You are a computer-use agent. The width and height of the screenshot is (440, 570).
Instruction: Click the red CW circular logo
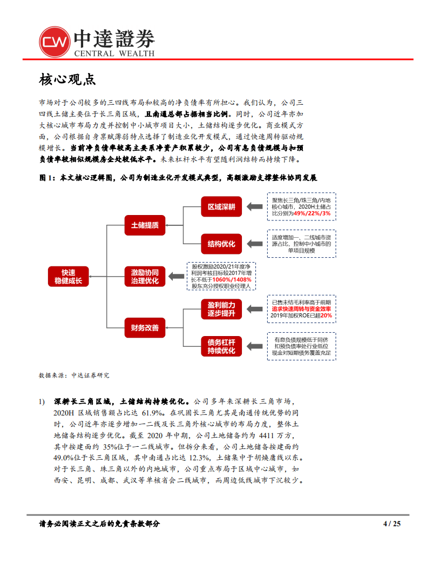pos(55,41)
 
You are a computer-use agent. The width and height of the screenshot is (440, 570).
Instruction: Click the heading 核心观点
pos(67,79)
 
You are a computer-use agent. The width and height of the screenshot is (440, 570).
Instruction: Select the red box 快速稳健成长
pos(68,276)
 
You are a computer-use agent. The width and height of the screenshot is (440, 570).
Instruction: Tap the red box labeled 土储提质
pos(145,225)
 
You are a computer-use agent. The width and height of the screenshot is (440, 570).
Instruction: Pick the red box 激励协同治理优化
pos(145,276)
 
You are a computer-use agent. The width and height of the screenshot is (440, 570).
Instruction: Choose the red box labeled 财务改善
pos(145,327)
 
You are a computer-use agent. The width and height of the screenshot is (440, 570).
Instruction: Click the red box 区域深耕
pos(221,206)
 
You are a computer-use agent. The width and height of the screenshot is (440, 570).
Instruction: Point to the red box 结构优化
pos(221,244)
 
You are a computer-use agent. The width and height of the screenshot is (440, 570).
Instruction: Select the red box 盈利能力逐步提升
pos(221,309)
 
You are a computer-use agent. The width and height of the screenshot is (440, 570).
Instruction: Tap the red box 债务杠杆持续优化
pos(221,346)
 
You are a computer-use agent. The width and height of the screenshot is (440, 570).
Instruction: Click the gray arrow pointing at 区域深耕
pos(254,206)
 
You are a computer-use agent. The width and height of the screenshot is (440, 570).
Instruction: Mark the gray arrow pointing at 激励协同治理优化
pos(175,276)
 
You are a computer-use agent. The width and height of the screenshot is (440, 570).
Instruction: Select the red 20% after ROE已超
pos(326,316)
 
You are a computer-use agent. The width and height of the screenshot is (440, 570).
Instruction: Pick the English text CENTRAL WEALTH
pos(113,53)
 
